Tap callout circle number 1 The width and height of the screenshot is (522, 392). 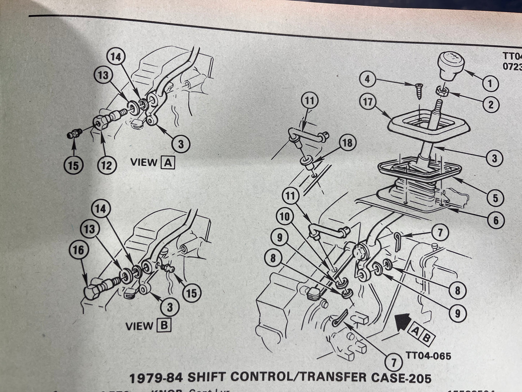click(490, 84)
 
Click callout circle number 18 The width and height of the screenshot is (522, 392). click(347, 143)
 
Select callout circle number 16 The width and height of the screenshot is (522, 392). click(78, 250)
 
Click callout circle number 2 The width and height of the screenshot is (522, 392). click(490, 105)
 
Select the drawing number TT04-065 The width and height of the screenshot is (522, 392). click(428, 355)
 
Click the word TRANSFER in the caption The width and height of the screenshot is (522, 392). click(331, 377)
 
